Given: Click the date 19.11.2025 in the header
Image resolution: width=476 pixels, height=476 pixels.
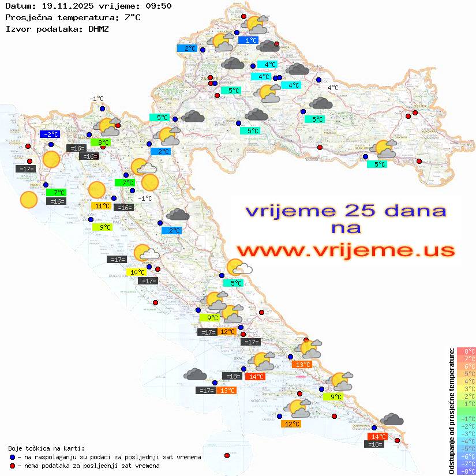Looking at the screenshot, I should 63,6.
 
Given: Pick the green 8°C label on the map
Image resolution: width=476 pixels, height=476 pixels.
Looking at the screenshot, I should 103,142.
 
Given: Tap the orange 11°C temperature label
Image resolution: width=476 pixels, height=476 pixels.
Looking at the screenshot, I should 102,206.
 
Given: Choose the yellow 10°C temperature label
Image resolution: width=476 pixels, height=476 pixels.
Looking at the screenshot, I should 137,272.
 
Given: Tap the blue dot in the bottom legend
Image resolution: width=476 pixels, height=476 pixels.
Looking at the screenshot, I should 12,457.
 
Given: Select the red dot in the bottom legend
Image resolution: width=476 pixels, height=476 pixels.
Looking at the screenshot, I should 12,466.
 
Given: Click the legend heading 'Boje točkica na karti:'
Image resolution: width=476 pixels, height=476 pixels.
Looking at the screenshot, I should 46,448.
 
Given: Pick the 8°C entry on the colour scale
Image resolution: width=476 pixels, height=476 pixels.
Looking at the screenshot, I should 466,351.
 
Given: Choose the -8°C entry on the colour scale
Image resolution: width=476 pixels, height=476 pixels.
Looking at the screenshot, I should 466,471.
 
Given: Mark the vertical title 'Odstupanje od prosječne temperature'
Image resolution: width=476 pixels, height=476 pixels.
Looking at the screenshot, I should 451,411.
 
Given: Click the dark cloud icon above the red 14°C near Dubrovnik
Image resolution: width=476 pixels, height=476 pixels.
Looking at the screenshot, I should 392,419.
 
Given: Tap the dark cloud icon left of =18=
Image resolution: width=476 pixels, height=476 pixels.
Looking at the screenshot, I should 196,375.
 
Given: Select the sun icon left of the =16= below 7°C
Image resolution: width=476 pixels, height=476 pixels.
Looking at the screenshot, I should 28,200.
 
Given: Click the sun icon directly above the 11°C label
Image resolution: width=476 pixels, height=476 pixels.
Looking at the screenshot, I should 96,189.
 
